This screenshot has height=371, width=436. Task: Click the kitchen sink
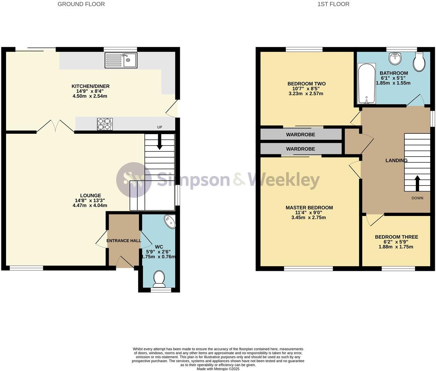click(121, 60)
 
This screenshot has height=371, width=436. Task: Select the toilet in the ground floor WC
click(159, 279)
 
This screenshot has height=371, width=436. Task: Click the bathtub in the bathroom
click(366, 83)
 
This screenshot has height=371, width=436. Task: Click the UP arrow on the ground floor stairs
click(159, 142)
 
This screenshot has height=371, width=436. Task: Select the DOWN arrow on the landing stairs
click(417, 183)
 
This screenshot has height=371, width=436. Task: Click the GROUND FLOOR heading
click(81, 4)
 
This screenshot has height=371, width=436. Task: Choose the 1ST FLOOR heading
click(333, 4)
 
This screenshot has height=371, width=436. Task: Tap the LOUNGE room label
click(90, 195)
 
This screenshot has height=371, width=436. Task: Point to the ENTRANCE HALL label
click(124, 241)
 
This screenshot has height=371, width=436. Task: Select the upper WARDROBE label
click(300, 135)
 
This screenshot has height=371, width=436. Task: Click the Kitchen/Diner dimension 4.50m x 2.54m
click(90, 96)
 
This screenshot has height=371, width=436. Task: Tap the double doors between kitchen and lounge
click(55, 126)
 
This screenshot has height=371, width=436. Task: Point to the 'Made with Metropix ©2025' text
click(218, 369)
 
